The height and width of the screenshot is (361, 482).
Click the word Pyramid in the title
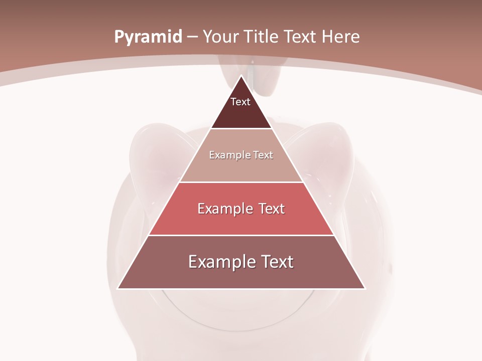[148, 37]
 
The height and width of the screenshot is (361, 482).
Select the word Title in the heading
[262, 37]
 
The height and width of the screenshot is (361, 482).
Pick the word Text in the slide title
[302, 37]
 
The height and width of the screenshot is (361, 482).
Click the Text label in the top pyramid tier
[240, 102]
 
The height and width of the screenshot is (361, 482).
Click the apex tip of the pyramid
[242, 76]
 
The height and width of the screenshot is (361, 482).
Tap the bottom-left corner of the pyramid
[118, 288]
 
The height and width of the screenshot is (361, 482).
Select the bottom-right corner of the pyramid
[365, 288]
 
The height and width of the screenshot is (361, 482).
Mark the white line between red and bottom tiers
[242, 235]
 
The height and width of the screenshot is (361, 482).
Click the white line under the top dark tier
[242, 129]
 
